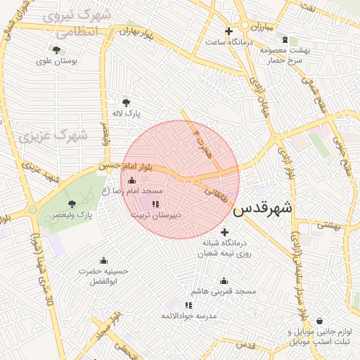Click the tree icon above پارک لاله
(127, 102)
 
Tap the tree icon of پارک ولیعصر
(71, 204)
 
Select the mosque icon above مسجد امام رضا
(131, 181)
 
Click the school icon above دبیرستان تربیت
(155, 203)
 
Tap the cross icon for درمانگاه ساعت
(229, 31)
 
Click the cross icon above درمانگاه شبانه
(224, 233)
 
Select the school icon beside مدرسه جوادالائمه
(188, 305)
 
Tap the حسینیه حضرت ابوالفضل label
(104, 276)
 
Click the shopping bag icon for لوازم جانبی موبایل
(319, 321)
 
